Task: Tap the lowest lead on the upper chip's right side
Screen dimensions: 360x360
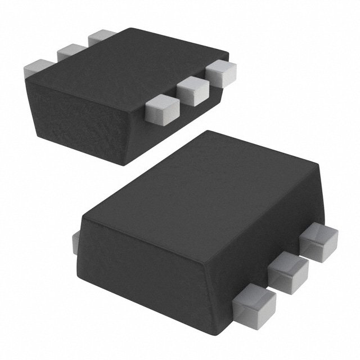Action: click(161, 108)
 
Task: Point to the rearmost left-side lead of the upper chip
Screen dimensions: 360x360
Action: click(102, 37)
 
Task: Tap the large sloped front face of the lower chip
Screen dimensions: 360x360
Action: click(152, 264)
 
